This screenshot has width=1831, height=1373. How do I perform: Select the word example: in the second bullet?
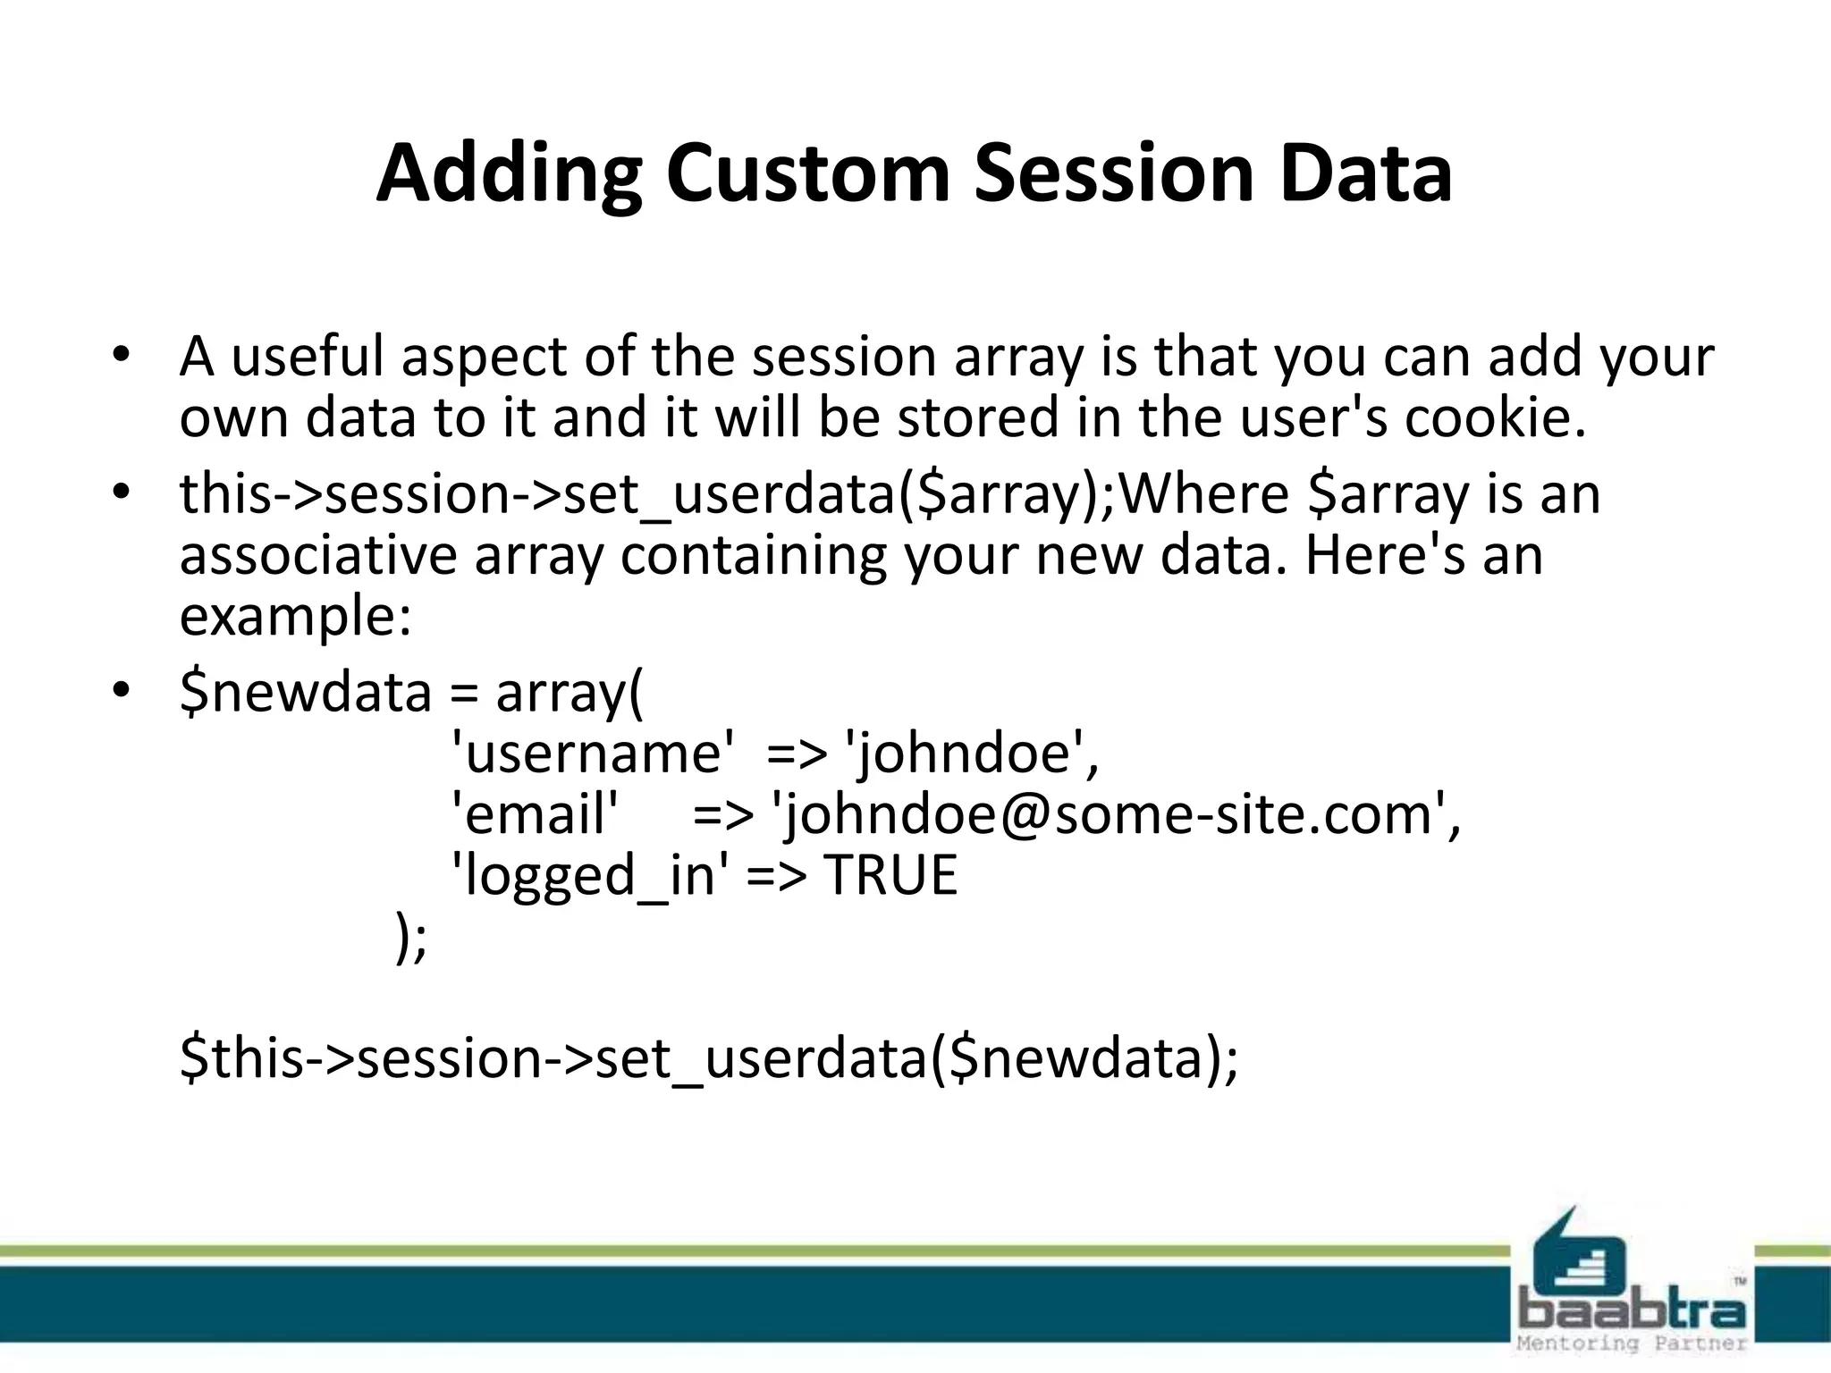(296, 617)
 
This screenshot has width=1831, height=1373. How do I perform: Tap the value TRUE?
(890, 875)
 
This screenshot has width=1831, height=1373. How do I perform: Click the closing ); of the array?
(411, 938)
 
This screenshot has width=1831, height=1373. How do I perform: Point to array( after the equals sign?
(569, 692)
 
